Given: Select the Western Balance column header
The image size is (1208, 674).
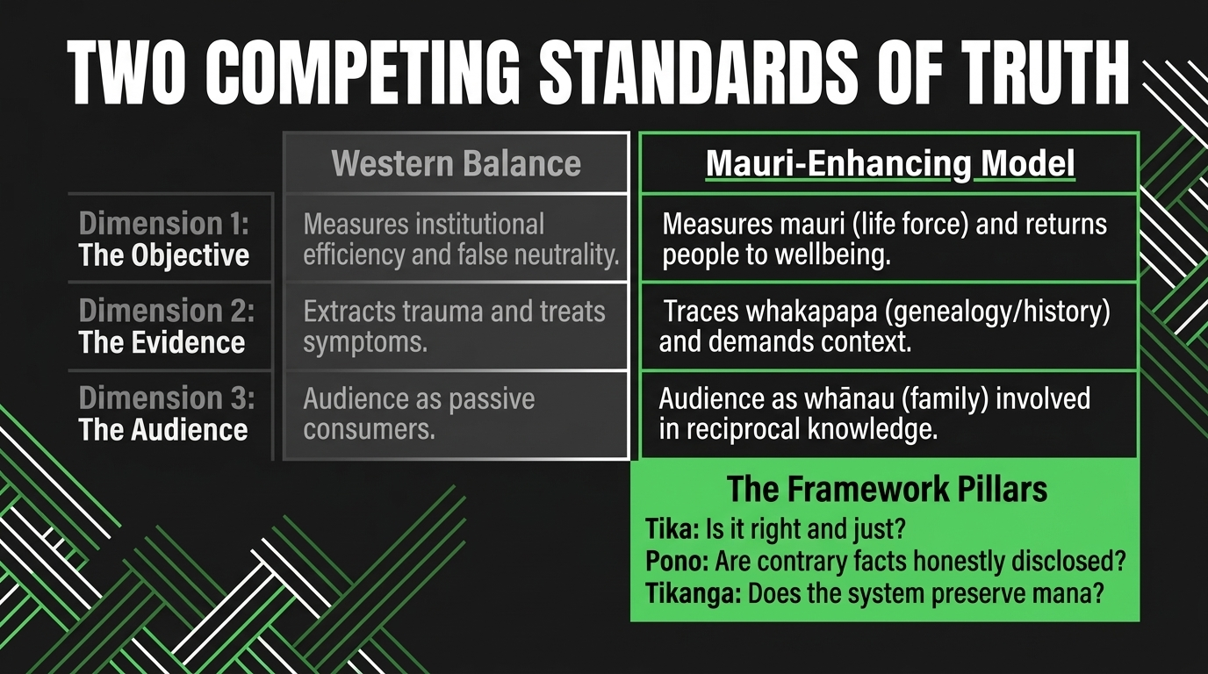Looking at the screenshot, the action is click(457, 163).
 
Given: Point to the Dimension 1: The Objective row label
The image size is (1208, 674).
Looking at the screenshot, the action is click(164, 239).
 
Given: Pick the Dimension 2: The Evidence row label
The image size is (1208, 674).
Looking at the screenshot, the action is click(166, 326).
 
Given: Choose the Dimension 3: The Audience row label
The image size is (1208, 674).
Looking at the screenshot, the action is click(166, 413).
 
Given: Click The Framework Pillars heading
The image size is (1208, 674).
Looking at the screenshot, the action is click(887, 489).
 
